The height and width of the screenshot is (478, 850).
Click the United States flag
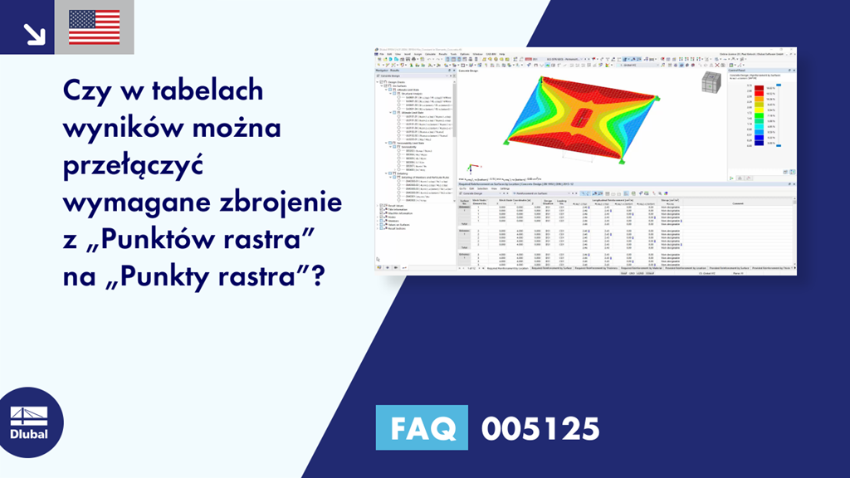point(94,27)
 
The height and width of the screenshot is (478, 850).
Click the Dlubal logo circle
point(28,422)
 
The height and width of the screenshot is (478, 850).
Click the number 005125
point(540,428)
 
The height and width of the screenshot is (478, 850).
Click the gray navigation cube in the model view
point(710,83)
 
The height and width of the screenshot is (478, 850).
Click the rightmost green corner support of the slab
point(658,99)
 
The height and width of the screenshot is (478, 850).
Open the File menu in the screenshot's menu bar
point(380,53)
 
